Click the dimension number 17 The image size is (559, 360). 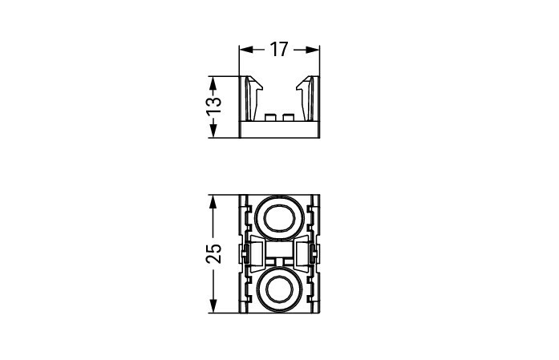(x=279, y=50)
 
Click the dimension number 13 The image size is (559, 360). (x=214, y=106)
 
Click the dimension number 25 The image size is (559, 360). (x=214, y=253)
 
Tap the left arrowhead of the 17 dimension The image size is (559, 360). (x=246, y=50)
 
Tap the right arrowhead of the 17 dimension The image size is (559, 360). (x=313, y=50)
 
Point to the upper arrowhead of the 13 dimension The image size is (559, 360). (x=213, y=83)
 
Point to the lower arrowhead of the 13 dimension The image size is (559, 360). (x=213, y=131)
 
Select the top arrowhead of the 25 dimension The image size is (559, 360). (x=213, y=202)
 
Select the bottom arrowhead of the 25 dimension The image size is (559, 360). (x=213, y=306)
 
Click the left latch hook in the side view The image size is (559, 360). (x=254, y=98)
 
